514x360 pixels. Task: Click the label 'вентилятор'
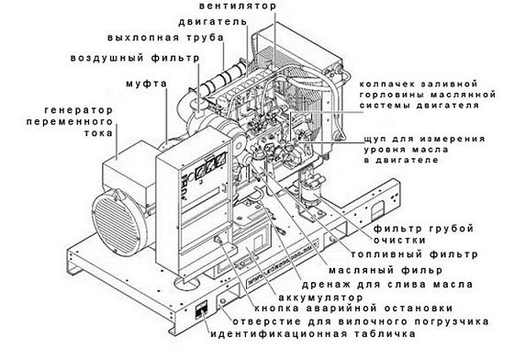238,6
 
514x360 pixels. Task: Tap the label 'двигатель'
212,22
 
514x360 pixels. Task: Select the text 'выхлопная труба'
165,38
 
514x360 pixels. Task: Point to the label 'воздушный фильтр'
135,59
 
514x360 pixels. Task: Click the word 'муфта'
147,84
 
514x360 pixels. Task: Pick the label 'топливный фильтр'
414,254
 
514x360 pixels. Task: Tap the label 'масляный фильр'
385,271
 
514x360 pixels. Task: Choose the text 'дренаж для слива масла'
387,285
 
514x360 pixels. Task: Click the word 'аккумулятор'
320,298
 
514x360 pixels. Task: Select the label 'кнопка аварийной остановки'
353,309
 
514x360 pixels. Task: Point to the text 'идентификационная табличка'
313,334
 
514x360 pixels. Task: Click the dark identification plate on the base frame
201,309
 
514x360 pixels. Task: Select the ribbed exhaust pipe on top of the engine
222,79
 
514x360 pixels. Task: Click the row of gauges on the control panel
210,166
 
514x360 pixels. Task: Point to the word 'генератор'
79,110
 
